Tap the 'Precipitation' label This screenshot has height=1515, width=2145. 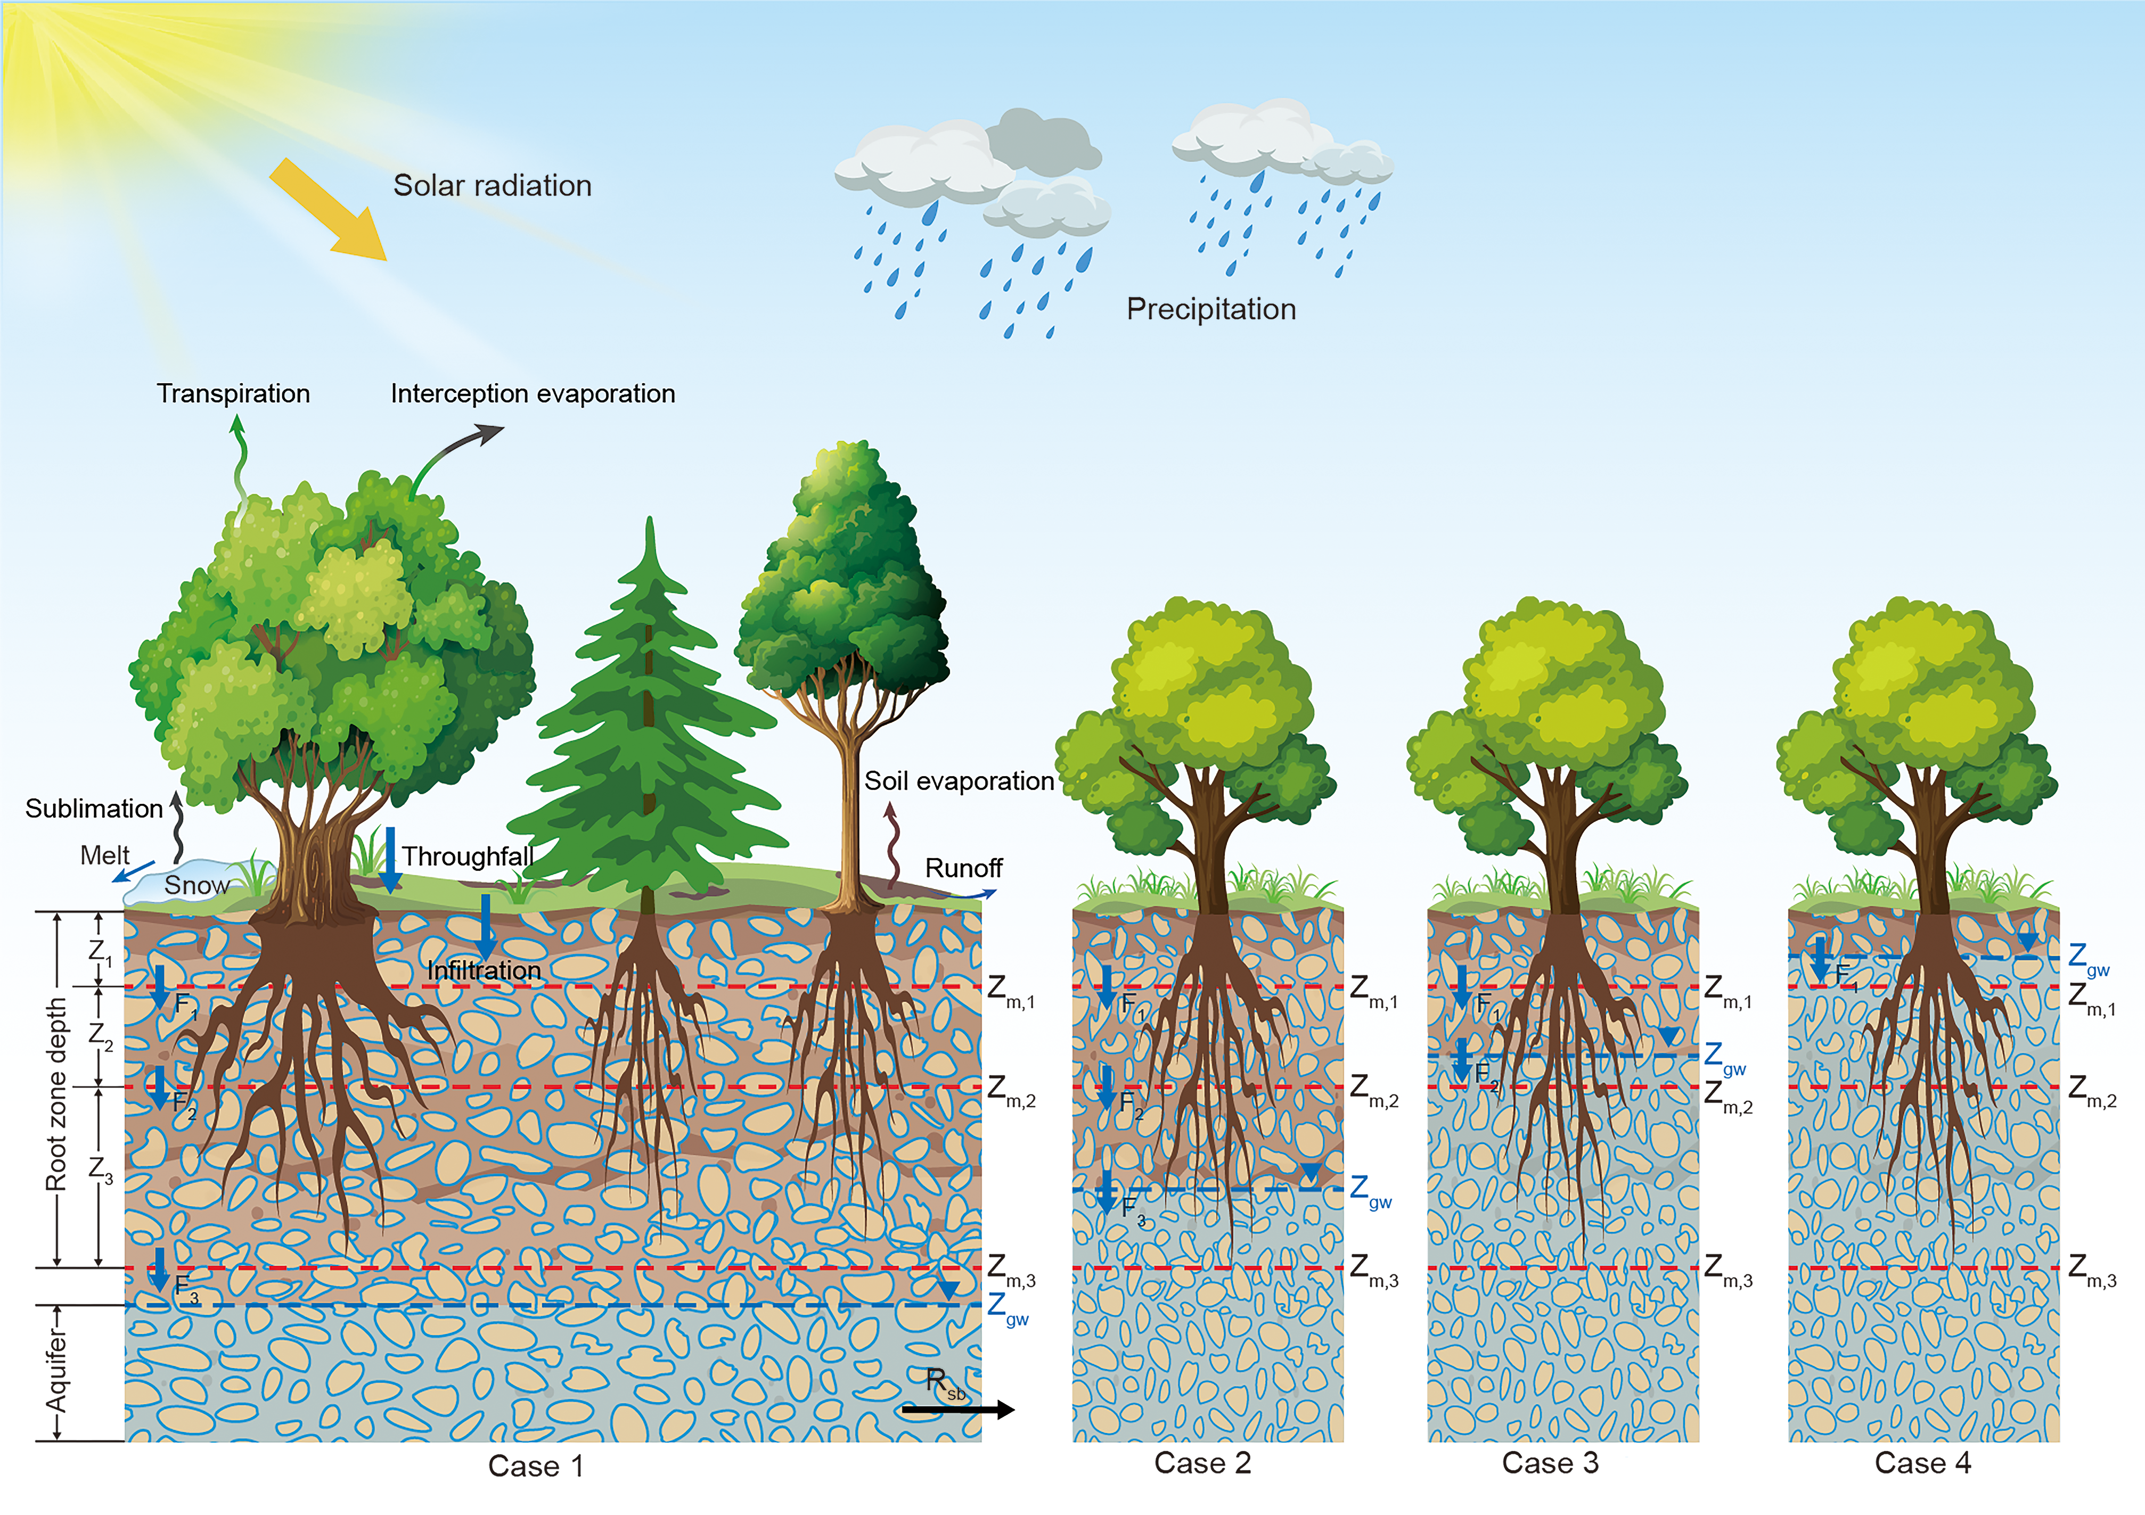(x=1211, y=309)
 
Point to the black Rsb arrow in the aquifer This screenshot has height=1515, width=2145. (x=957, y=1410)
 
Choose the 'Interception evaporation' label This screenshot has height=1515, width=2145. (x=533, y=393)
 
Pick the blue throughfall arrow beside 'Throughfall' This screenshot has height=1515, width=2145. (x=390, y=858)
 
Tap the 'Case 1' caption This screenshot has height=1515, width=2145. (x=536, y=1465)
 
